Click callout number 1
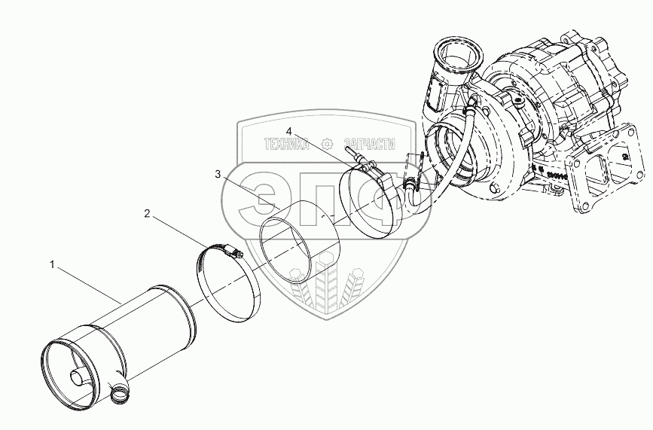pyautogui.click(x=52, y=264)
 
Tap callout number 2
pyautogui.click(x=148, y=214)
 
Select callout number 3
pyautogui.click(x=218, y=174)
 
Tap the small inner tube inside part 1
pyautogui.click(x=78, y=376)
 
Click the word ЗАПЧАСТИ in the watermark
pyautogui.click(x=368, y=143)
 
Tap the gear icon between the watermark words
pyautogui.click(x=327, y=143)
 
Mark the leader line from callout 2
pyautogui.click(x=177, y=230)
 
